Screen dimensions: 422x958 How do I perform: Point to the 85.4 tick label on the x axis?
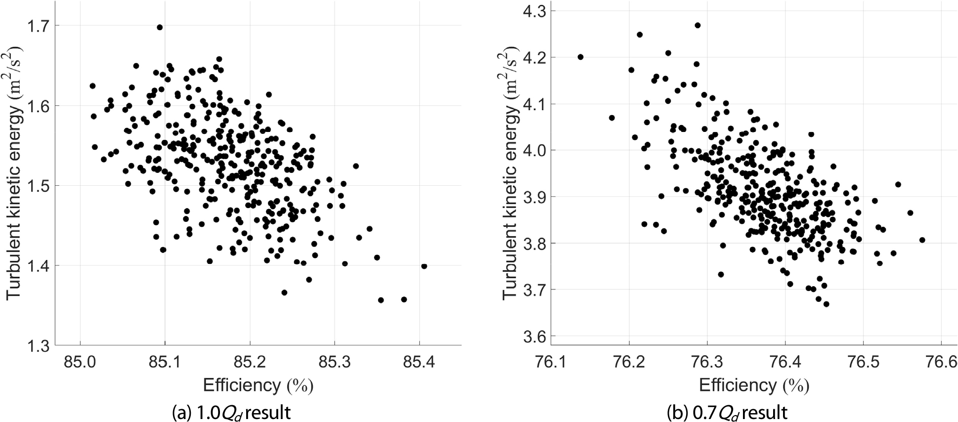(419, 363)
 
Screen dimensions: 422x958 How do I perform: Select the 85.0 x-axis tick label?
(80, 363)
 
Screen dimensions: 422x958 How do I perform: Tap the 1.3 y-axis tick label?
(39, 346)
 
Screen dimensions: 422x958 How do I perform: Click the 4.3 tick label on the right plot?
(535, 11)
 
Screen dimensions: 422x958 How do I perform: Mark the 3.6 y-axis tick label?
(535, 337)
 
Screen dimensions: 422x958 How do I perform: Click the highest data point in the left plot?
(160, 28)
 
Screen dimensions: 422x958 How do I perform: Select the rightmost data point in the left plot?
(424, 266)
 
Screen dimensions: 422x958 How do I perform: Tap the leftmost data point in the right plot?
(580, 57)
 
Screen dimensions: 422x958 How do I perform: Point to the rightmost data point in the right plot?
(922, 240)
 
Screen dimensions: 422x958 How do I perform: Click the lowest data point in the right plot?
(826, 304)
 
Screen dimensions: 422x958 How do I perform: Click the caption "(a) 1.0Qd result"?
(231, 412)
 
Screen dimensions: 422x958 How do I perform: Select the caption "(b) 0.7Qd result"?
(727, 412)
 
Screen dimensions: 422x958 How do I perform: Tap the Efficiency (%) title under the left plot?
(258, 385)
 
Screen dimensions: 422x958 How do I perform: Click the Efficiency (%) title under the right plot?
(754, 385)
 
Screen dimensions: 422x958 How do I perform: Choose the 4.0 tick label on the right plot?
(535, 150)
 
